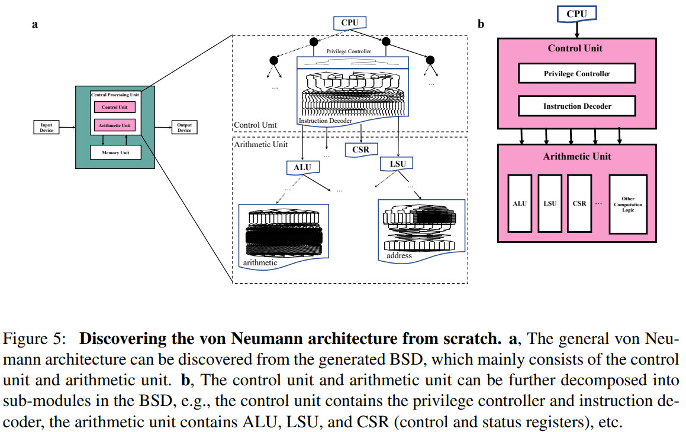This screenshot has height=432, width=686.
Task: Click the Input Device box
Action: point(46,127)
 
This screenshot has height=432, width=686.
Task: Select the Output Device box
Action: point(184,127)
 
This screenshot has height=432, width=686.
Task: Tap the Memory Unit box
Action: point(115,152)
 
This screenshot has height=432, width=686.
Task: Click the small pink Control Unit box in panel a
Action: point(115,107)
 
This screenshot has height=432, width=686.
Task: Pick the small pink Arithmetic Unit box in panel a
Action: point(115,125)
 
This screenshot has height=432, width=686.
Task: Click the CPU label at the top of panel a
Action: point(350,23)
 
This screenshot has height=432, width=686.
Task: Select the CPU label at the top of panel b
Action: point(577,14)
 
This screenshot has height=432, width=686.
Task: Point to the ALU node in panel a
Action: point(302,167)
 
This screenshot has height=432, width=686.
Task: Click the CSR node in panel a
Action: point(360,150)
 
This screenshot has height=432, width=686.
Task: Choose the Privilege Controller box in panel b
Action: point(577,73)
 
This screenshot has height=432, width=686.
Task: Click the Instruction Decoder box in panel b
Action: point(577,106)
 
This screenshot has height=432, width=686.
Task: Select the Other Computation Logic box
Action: point(628,204)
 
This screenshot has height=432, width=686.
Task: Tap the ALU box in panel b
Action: point(520,203)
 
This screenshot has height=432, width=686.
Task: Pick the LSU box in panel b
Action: point(549,203)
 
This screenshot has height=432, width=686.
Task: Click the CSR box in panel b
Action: point(579,203)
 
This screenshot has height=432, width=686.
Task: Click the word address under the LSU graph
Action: point(399,256)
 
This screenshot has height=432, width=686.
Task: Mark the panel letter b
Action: point(481,25)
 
